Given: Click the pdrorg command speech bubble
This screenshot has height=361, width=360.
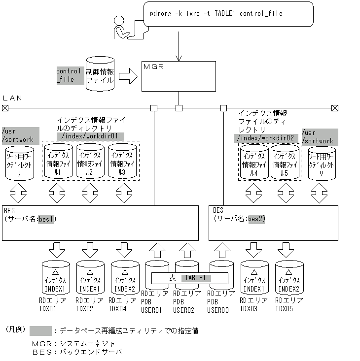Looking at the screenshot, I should tap(228, 14).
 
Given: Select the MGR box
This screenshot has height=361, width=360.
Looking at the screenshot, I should tap(178, 76).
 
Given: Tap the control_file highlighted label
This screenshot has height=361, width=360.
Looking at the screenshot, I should tap(70, 75).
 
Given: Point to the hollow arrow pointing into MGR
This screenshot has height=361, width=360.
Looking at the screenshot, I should tap(128, 76).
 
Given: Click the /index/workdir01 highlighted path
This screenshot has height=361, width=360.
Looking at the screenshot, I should tap(90, 136).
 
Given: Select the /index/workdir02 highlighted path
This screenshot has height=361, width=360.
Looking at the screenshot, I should tap(266, 138).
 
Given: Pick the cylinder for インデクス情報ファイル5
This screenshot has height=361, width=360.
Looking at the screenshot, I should tap(285, 163).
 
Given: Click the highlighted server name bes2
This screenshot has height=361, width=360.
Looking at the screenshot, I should tap(256, 219).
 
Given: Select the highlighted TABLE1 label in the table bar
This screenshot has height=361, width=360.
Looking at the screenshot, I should tap(196, 278).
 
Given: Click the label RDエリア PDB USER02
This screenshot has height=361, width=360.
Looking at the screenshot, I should tap(187, 301).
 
